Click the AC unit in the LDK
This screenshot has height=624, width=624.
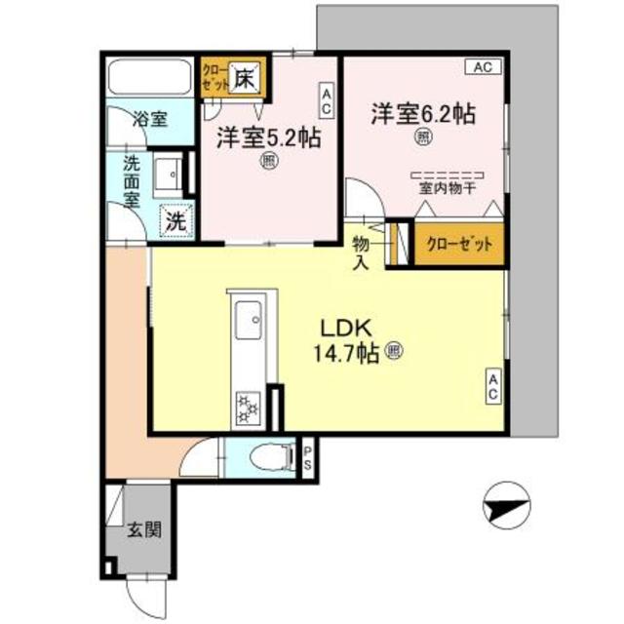[493, 386]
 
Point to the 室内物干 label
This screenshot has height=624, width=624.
[447, 189]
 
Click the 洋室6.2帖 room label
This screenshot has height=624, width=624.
[422, 113]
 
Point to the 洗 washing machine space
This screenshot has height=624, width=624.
[175, 220]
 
